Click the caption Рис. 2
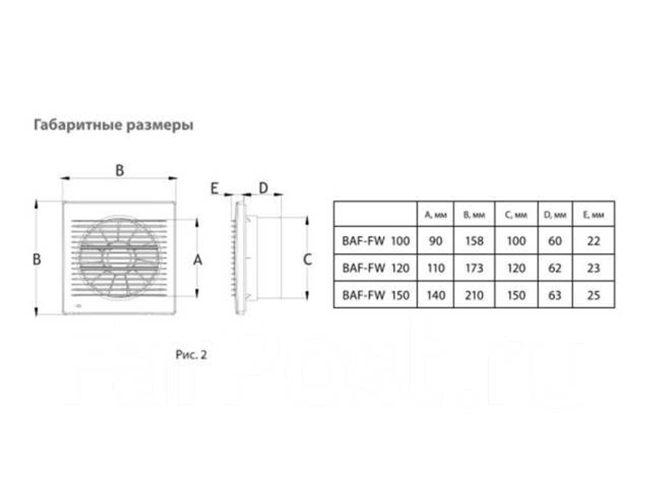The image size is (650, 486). (x=191, y=355)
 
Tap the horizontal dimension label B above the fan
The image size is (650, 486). (x=120, y=170)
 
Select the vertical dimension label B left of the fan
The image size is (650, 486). (x=36, y=260)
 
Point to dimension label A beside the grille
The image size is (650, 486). (x=198, y=260)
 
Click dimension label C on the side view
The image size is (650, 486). (x=307, y=260)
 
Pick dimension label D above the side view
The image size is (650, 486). (x=263, y=188)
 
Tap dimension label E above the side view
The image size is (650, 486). (x=214, y=189)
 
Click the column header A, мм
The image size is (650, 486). (x=435, y=215)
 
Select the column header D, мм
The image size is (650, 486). (x=554, y=215)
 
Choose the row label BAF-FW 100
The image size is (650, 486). (x=376, y=241)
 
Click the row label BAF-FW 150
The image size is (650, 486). (x=376, y=295)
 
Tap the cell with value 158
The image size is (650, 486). (x=474, y=241)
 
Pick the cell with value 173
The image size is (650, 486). (x=474, y=268)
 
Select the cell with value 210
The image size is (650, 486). (x=474, y=295)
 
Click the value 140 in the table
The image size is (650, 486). (x=435, y=295)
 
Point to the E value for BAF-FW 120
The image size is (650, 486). (x=593, y=268)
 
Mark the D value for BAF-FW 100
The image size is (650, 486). (x=554, y=241)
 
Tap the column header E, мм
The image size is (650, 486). (x=593, y=215)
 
